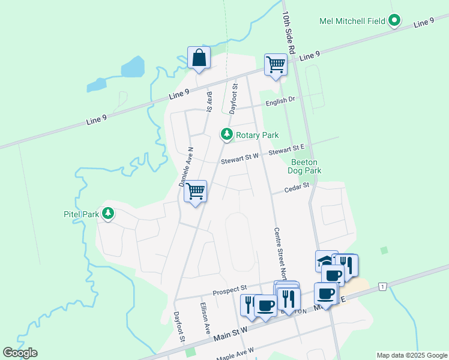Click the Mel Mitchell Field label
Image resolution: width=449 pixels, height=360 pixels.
(352, 21)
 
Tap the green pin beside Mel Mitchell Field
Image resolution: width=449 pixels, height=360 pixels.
(394, 21)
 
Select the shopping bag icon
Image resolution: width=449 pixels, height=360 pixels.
(199, 58)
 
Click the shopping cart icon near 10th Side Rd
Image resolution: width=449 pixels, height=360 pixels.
(276, 65)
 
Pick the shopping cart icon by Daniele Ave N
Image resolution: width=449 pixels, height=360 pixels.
(195, 191)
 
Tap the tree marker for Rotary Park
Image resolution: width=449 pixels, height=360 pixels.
(226, 134)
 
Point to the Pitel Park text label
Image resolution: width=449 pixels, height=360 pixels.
(81, 214)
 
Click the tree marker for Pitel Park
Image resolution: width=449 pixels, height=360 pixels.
(108, 214)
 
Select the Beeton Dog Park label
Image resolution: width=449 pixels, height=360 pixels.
(306, 166)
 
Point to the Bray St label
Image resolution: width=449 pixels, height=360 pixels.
(209, 101)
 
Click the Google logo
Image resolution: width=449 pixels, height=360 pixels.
(20, 353)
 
